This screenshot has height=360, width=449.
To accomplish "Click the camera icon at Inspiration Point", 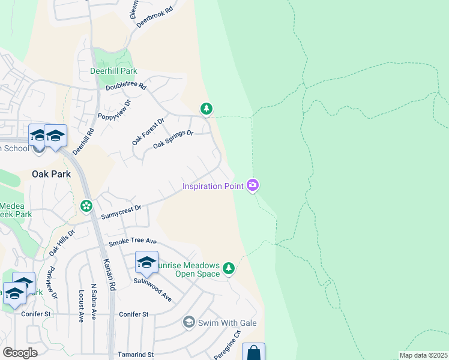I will pyautogui.click(x=253, y=185).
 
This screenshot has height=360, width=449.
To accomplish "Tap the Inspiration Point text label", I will pyautogui.click(x=213, y=186).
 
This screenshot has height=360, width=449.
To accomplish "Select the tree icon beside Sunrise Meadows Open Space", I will pyautogui.click(x=228, y=268).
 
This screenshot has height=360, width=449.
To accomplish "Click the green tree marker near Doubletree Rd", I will pyautogui.click(x=206, y=109).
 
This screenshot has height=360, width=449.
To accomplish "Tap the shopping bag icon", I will pyautogui.click(x=253, y=353).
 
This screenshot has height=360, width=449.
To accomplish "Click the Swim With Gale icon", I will pyautogui.click(x=188, y=323).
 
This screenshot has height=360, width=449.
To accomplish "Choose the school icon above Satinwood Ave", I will pyautogui.click(x=146, y=262).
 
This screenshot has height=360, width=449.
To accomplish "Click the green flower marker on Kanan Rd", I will pyautogui.click(x=86, y=206).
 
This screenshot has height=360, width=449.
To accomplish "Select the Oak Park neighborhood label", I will pyautogui.click(x=51, y=174).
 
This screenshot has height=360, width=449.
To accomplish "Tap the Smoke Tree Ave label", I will pyautogui.click(x=132, y=243).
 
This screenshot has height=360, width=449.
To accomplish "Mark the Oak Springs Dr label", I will pyautogui.click(x=173, y=140).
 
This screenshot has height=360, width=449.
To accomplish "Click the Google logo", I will pyautogui.click(x=20, y=352).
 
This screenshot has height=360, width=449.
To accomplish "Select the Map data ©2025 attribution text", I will pyautogui.click(x=423, y=355).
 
